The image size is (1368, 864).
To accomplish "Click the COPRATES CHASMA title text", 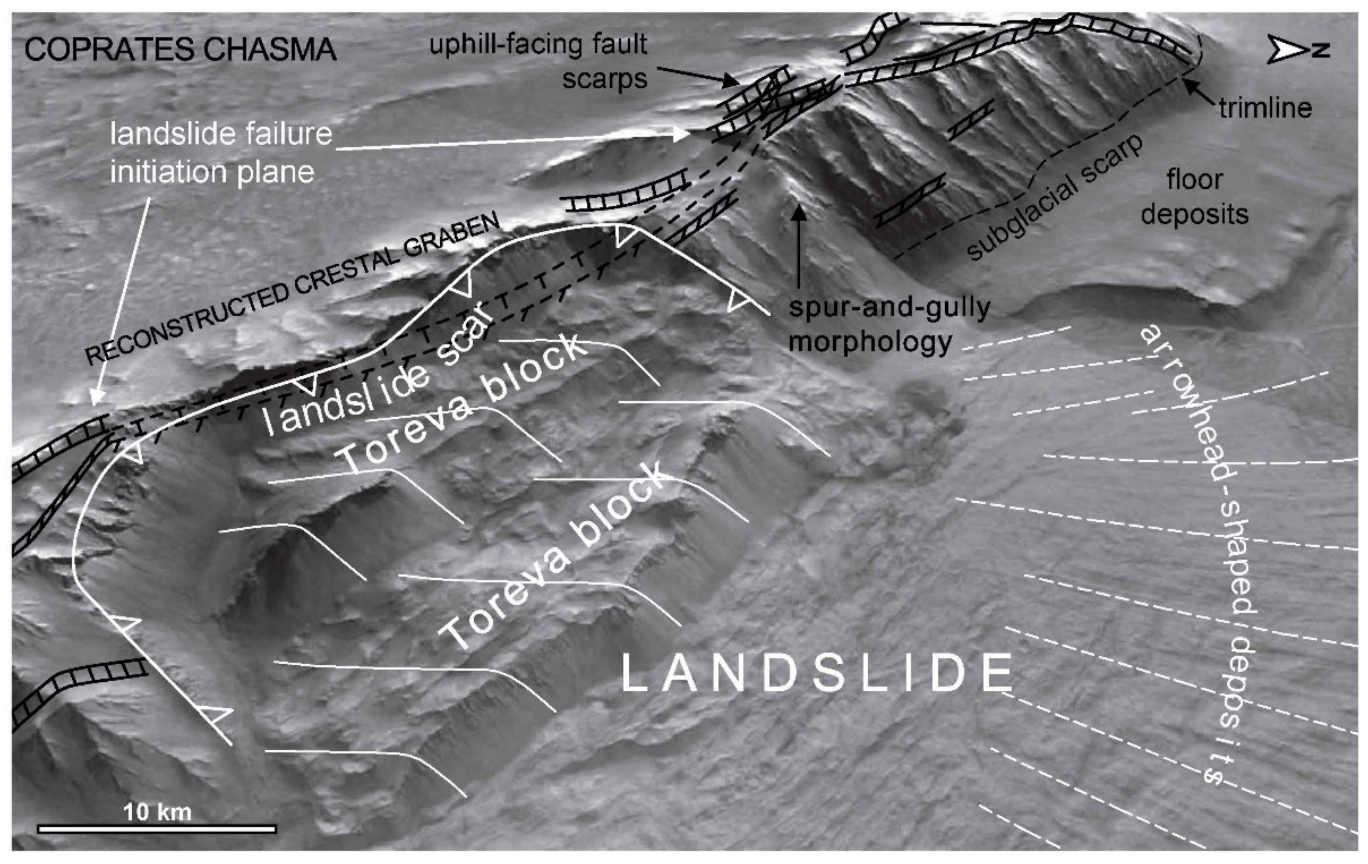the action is click(x=180, y=50).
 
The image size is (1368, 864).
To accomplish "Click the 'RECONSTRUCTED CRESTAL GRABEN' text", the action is click(x=292, y=290).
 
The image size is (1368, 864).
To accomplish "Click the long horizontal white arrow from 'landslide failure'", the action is click(x=511, y=142).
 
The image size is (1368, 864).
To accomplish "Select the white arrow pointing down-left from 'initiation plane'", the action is click(x=122, y=301).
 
